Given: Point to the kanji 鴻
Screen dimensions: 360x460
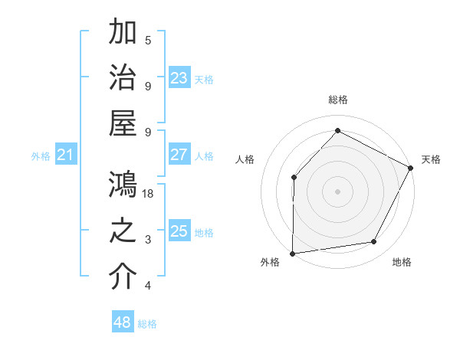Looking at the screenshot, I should tap(123, 185).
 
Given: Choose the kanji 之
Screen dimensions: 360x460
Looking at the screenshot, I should tap(123, 231).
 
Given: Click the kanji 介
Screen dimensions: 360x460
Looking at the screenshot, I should tap(123, 277).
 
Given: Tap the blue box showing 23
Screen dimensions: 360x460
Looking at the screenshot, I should tap(179, 78).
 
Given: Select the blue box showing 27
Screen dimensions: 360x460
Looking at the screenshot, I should tap(179, 155).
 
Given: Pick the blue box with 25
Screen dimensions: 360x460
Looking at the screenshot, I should tap(179, 231).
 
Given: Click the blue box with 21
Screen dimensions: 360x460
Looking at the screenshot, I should tap(66, 155).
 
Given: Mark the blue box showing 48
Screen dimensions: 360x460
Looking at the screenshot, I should tap(123, 322).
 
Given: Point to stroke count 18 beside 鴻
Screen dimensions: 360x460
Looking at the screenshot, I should tap(148, 194).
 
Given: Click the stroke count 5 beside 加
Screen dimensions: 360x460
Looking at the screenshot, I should tap(148, 40).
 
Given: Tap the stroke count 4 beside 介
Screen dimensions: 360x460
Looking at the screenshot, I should tap(148, 286).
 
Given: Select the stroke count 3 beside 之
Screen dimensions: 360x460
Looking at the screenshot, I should tap(148, 240).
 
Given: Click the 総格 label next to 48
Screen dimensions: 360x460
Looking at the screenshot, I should tap(147, 324).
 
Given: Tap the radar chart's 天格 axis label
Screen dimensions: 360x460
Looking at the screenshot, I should tap(431, 159).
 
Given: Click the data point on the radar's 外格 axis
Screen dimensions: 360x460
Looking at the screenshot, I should tap(292, 253).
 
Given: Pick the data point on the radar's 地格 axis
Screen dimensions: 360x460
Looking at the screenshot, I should tap(374, 242).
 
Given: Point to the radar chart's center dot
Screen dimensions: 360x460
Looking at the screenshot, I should tap(337, 191).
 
